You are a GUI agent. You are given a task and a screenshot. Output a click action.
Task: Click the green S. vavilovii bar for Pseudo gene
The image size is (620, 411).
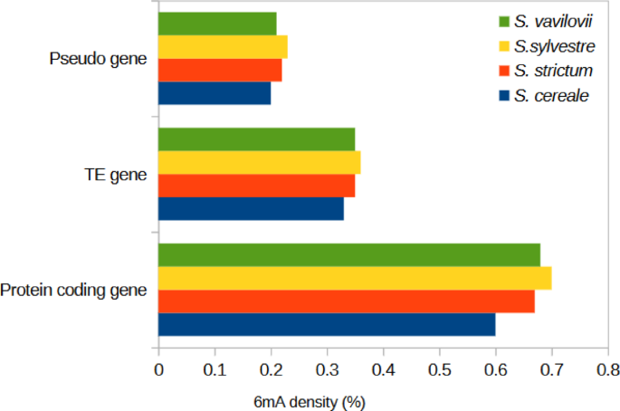[217, 24]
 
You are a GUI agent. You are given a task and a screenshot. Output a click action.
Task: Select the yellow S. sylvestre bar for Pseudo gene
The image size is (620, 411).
[223, 47]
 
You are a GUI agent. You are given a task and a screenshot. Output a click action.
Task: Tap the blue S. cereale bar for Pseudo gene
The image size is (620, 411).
[215, 93]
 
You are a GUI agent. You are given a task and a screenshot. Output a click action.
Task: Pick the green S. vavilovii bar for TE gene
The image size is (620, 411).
[256, 139]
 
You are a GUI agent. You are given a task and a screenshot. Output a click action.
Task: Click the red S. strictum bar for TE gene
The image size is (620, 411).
[256, 186]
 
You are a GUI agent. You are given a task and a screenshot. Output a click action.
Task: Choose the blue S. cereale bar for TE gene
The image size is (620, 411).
[251, 208]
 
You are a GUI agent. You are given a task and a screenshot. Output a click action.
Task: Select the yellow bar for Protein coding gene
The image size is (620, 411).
[355, 279]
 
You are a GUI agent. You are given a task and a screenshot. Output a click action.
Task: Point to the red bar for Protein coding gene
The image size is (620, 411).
[346, 301]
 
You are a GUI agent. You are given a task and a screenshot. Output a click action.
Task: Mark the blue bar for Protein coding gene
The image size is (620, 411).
[327, 324]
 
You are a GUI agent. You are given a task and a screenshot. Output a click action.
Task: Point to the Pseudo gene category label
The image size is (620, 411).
[97, 60]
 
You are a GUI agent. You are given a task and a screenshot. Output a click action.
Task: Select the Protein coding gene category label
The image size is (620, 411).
[73, 291]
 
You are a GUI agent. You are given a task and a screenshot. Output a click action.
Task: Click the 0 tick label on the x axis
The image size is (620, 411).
[158, 369]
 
